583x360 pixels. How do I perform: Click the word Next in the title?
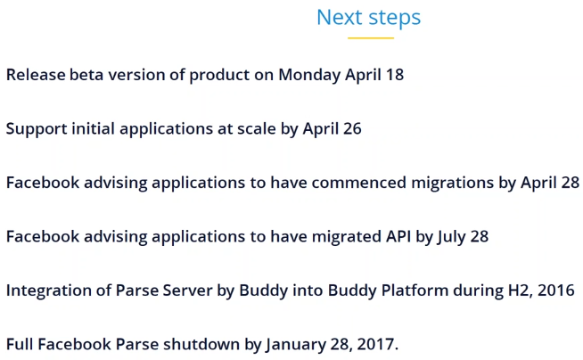click(x=339, y=17)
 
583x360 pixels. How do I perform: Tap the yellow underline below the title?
click(x=371, y=38)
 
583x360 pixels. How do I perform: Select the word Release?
click(x=36, y=75)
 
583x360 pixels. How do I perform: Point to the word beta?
click(x=86, y=75)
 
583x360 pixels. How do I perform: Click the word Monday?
click(x=309, y=75)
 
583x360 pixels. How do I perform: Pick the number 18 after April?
click(x=395, y=75)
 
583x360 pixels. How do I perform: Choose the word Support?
click(x=37, y=129)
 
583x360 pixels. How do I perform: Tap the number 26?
click(x=352, y=129)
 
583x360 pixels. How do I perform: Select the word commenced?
click(x=358, y=183)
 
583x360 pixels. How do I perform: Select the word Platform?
click(x=415, y=290)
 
